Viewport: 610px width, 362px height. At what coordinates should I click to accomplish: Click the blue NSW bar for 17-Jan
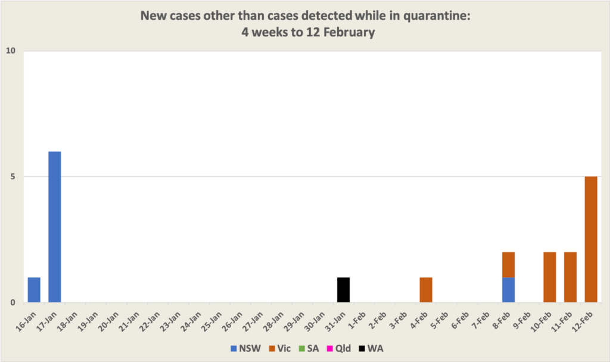pyautogui.click(x=54, y=227)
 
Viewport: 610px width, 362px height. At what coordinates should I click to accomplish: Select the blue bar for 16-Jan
pyautogui.click(x=34, y=290)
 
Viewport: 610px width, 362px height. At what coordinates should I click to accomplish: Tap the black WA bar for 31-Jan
pyautogui.click(x=343, y=290)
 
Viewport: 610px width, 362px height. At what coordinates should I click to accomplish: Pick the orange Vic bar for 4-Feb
pyautogui.click(x=425, y=290)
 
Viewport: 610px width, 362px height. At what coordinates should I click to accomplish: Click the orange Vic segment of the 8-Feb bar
pyautogui.click(x=508, y=264)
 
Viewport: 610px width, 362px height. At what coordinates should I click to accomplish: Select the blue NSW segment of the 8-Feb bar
pyautogui.click(x=508, y=290)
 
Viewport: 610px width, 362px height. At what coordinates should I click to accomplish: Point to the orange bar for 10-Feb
pyautogui.click(x=549, y=277)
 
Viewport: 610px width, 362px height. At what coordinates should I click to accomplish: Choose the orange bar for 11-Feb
pyautogui.click(x=570, y=277)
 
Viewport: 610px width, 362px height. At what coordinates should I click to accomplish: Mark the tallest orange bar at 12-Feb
pyautogui.click(x=590, y=239)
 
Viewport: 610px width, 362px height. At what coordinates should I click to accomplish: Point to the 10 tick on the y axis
pyautogui.click(x=10, y=51)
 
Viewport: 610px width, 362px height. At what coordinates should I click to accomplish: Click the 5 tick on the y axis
pyautogui.click(x=13, y=177)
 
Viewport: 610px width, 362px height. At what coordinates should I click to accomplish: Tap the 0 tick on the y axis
pyautogui.click(x=13, y=302)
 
